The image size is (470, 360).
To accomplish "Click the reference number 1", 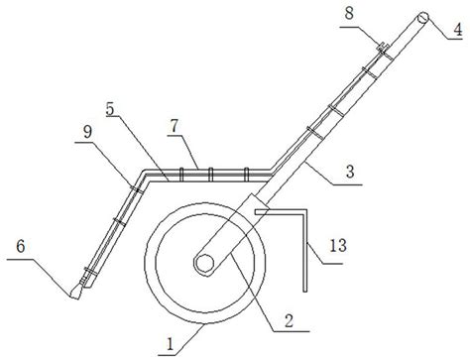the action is (171, 344).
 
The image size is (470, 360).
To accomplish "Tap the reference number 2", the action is (289, 320).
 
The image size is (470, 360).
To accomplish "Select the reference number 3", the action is (350, 172).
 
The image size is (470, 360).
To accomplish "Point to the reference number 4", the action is (457, 30).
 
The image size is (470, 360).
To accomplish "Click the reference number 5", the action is (110, 109).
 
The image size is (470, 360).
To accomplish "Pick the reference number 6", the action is (21, 246).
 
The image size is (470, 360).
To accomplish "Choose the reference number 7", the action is (174, 126).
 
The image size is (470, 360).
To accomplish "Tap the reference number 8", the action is (349, 13).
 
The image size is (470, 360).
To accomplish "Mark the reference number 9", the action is (87, 132).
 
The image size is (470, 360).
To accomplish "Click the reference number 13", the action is (338, 246).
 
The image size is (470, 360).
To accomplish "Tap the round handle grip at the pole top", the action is (422, 17).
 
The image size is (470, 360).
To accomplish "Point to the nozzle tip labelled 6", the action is (75, 293).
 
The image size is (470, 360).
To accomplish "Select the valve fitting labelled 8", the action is (383, 47).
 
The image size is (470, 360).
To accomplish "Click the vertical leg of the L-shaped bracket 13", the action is (305, 250).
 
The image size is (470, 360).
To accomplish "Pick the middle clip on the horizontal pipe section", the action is (210, 175).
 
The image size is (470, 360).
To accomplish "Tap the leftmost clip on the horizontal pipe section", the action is (180, 175).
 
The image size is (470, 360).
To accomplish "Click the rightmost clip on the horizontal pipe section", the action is (246, 175).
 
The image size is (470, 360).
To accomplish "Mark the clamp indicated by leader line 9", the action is (137, 189).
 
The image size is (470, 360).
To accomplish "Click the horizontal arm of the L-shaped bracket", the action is (282, 211).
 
